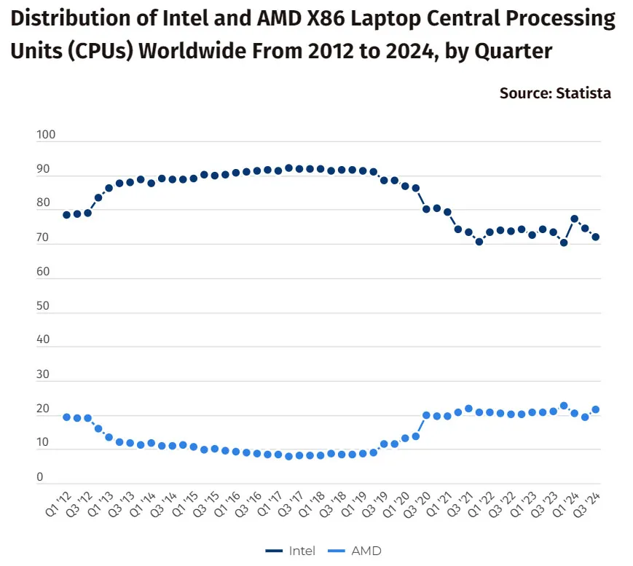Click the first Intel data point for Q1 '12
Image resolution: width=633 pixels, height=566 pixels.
point(66,215)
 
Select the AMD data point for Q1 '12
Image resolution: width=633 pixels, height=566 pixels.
point(66,417)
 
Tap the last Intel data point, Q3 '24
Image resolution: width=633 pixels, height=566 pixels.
point(595,237)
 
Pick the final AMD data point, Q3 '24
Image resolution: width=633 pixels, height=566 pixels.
point(595,410)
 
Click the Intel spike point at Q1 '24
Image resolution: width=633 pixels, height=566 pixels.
point(575,219)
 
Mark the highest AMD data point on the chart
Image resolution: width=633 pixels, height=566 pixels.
point(564,406)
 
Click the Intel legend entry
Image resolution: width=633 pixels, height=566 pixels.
point(290,551)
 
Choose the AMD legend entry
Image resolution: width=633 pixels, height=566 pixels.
point(355,551)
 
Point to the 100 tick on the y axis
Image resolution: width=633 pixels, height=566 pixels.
point(46,135)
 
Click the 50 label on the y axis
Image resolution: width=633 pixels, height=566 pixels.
point(43,306)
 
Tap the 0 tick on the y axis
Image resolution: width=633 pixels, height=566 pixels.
point(39,477)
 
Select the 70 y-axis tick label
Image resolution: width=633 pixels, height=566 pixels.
point(43,237)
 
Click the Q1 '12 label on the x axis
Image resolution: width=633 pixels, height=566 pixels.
point(58,504)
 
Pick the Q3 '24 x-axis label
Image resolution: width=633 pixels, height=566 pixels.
point(587,504)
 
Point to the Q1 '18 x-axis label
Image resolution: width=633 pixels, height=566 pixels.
point(312,504)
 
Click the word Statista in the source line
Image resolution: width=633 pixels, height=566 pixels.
point(583,93)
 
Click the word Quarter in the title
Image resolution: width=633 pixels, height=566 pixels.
point(513,52)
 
